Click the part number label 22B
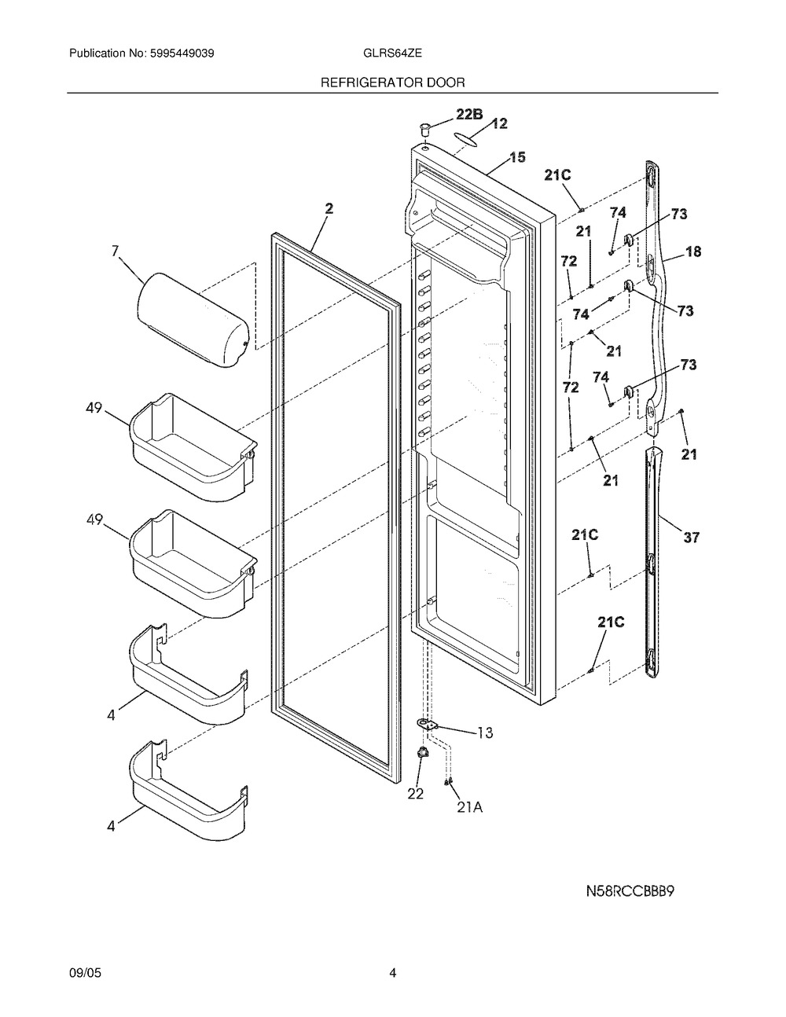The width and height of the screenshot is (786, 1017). pos(468,114)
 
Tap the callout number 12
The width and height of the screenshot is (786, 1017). pos(499,123)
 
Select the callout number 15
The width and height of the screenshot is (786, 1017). pos(517,156)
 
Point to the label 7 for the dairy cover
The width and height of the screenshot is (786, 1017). pos(115,251)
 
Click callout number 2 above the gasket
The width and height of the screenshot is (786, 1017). pos(329,209)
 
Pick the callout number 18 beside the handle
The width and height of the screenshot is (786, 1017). pos(693,251)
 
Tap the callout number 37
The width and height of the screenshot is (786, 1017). pos(692,538)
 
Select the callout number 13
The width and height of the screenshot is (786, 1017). pos(485,732)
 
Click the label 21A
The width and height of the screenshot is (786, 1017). pos(469,807)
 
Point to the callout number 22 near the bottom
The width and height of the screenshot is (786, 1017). pos(416,793)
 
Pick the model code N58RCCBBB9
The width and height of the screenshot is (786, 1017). pos(630,891)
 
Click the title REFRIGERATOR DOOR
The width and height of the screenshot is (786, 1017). pos(392,83)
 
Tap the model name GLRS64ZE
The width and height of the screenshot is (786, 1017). pos(392,53)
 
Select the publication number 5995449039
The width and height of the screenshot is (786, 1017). pos(182,53)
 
